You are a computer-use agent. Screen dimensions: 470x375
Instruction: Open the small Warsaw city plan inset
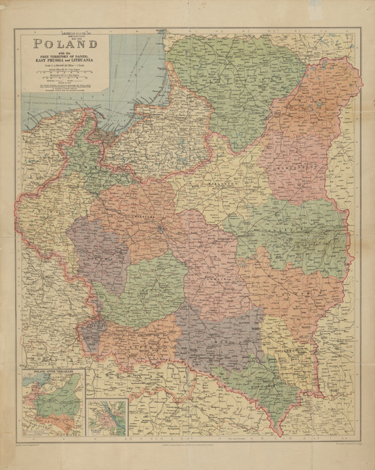coord(107,415)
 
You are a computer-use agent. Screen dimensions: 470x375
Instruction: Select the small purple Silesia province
coord(91,335)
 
